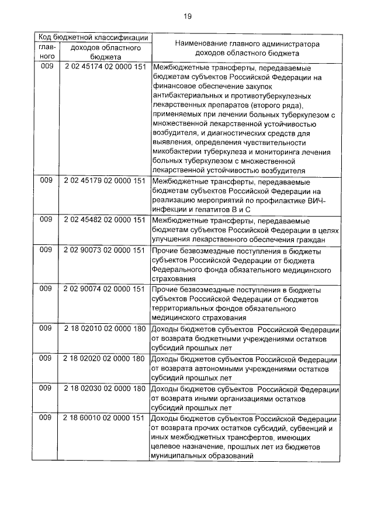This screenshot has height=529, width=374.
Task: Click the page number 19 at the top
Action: coord(187,16)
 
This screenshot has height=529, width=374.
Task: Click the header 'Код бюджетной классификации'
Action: coord(92,36)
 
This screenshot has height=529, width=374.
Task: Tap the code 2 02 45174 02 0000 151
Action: coord(105,67)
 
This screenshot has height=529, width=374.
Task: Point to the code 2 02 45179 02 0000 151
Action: coord(105,181)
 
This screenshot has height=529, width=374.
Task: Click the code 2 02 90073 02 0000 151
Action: coord(105,250)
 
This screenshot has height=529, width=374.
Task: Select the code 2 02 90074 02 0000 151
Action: coord(105,289)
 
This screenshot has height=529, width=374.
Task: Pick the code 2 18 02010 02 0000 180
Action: coord(105,328)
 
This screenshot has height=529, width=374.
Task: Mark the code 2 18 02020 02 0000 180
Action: coord(105,358)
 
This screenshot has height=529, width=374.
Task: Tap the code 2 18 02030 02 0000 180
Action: coord(105,389)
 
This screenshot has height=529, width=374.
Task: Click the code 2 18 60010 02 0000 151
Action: coord(105,419)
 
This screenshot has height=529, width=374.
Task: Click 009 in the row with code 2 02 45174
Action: coord(46,67)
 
